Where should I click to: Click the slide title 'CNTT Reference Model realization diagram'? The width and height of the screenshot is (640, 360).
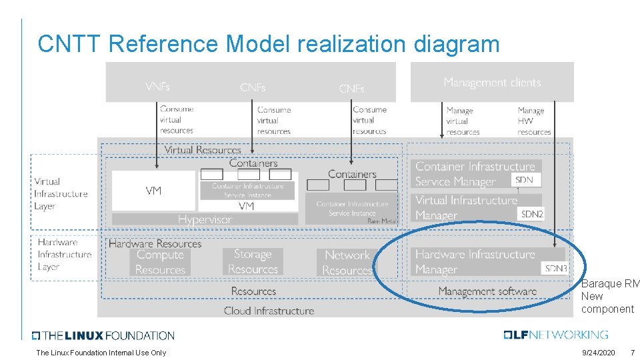(268, 44)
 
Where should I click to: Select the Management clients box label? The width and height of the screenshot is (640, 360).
(492, 83)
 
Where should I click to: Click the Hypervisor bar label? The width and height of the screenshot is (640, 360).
(205, 219)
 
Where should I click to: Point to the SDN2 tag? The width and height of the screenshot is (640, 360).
(532, 214)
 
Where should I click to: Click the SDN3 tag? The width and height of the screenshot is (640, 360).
(555, 269)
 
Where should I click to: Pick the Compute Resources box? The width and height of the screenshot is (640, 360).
(160, 262)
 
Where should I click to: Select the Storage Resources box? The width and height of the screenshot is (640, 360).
(253, 261)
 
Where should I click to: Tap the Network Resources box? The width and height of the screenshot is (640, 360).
(347, 263)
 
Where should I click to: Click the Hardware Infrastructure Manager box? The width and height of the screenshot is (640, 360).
(475, 262)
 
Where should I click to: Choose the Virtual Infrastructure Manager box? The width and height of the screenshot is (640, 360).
(466, 207)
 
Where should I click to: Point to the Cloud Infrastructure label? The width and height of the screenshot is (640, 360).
(269, 311)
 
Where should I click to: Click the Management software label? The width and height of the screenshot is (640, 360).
(487, 291)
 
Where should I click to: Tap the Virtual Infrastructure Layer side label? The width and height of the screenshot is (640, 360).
(61, 194)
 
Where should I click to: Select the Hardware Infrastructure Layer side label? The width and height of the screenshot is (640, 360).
(64, 255)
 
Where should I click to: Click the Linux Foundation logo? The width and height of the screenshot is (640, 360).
(103, 335)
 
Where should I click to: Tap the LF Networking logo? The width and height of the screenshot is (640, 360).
(556, 335)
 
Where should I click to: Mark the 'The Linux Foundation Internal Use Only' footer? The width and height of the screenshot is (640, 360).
(101, 353)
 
